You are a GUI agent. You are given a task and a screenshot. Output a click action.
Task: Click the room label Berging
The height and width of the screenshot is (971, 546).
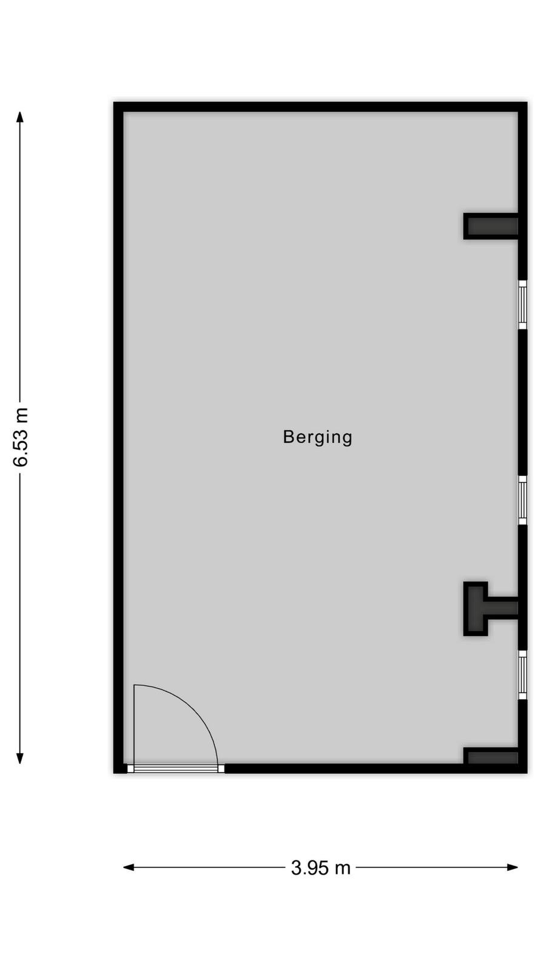[x=317, y=438]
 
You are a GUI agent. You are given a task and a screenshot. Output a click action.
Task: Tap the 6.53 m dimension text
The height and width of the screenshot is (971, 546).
[x=21, y=437]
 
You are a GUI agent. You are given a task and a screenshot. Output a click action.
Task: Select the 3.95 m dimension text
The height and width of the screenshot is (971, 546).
[x=321, y=868]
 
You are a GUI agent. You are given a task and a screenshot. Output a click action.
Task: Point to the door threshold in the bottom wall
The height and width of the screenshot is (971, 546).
[x=176, y=768]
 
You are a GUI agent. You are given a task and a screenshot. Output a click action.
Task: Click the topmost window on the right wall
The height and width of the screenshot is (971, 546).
[x=522, y=305]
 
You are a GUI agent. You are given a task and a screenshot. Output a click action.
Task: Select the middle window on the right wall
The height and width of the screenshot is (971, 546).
[x=522, y=500]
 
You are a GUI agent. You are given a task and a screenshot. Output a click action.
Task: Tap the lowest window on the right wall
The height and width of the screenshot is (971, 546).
[x=522, y=674]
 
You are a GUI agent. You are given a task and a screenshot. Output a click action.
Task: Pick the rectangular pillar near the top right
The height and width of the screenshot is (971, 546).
[x=491, y=226]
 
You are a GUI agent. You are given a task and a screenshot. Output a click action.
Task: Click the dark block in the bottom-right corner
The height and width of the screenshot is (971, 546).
[x=491, y=757]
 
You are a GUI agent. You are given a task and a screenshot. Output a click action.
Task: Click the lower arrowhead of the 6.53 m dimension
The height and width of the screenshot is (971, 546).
[x=19, y=758]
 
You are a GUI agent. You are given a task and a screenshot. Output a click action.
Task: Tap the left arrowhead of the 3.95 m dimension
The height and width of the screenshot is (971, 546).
[x=129, y=867]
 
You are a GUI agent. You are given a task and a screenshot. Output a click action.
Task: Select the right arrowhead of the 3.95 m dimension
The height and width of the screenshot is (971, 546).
[x=513, y=867]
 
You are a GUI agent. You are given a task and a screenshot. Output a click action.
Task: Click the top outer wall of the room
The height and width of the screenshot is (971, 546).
[x=320, y=107]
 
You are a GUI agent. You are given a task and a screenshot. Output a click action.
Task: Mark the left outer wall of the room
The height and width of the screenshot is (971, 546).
[x=118, y=438]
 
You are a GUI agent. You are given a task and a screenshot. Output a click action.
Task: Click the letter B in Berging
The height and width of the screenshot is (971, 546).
[x=289, y=436]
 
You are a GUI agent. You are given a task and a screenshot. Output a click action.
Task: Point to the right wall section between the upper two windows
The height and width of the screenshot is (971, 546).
[x=522, y=402]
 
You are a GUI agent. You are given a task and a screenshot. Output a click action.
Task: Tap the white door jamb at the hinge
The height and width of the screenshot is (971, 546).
[x=130, y=768]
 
